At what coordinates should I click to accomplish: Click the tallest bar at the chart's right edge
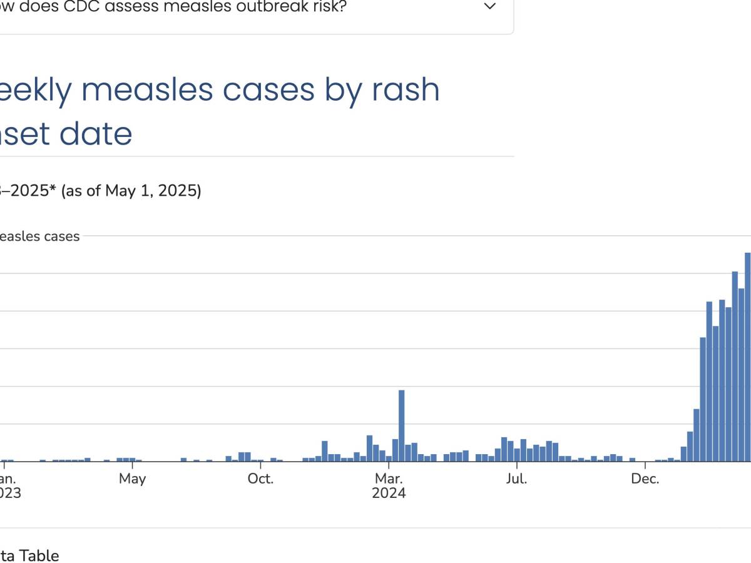click(747, 357)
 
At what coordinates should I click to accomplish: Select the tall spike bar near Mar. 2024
click(401, 425)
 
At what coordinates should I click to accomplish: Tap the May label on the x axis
click(132, 479)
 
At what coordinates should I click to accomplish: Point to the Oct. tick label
click(260, 479)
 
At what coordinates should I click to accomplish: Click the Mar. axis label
click(389, 479)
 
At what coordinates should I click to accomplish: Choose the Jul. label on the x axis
click(517, 479)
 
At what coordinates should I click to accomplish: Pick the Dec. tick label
click(645, 479)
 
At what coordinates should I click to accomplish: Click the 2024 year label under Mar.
click(389, 494)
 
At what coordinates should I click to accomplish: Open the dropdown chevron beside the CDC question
click(491, 7)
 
